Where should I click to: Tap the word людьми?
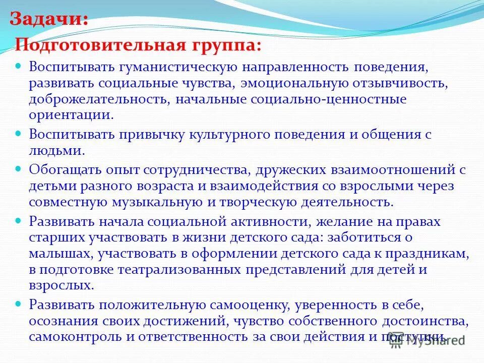point(55,151)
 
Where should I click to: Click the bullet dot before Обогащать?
point(19,169)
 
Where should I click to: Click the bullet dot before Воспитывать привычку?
point(19,134)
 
